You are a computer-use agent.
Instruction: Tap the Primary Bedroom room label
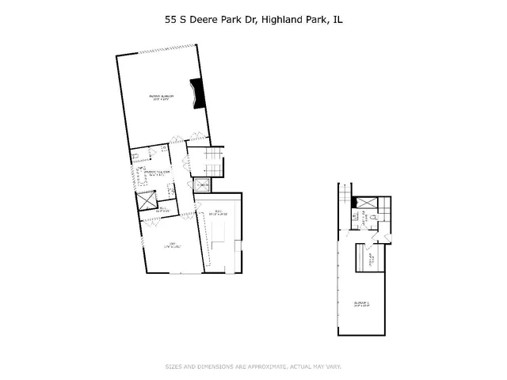pos(162,98)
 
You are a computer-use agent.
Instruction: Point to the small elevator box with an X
pos(202,186)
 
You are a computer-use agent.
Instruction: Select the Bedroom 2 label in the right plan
pos(360,303)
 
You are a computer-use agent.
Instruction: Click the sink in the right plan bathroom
pos(351,215)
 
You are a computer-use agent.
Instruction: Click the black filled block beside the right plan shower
pos(353,203)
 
